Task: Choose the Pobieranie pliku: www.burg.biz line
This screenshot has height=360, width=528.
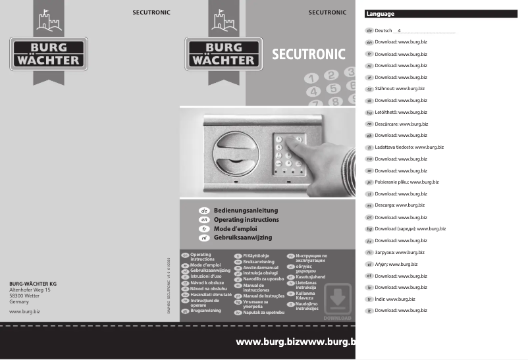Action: click(407, 182)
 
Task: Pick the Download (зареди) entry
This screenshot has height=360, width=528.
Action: click(410, 228)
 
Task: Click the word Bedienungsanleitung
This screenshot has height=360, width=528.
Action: click(247, 210)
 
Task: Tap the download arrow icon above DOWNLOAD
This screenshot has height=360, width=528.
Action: click(338, 299)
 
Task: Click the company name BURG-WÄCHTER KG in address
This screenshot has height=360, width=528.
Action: click(33, 284)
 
